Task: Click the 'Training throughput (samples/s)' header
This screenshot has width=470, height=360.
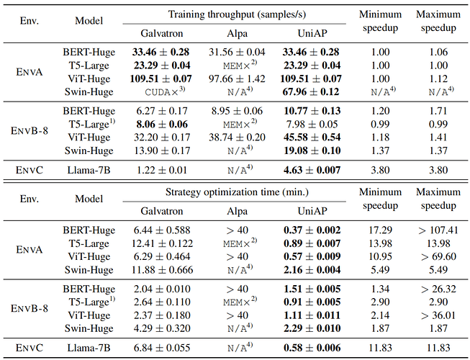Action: click(x=238, y=14)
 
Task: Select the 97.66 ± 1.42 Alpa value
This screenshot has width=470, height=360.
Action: click(x=238, y=77)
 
